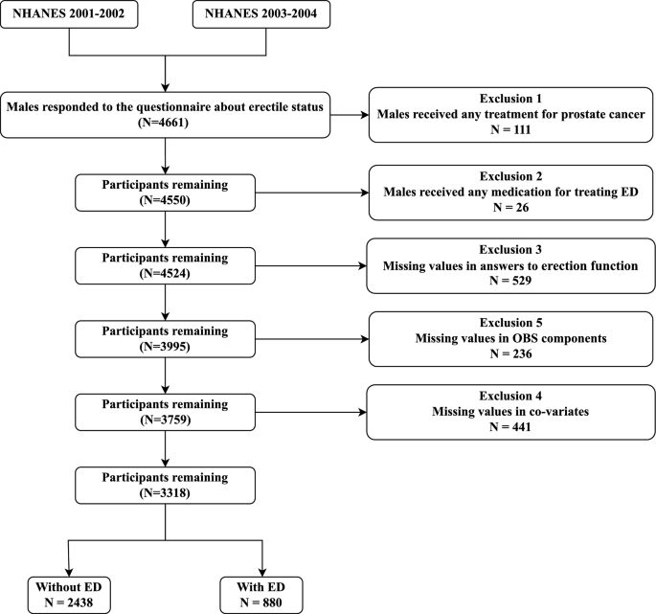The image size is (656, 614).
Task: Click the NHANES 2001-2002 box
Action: [x=69, y=14]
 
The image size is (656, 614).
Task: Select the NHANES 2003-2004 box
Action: [x=261, y=14]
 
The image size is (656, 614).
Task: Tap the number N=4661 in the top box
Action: [x=163, y=123]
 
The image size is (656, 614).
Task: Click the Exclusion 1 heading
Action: [x=510, y=99]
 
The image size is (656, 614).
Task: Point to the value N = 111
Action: [x=510, y=129]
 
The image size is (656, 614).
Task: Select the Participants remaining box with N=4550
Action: [x=166, y=193]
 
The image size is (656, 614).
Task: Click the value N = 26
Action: [x=510, y=207]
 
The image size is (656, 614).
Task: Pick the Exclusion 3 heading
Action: [x=510, y=249]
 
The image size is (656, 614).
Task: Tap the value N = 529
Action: [x=510, y=280]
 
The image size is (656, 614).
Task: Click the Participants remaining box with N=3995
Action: [x=166, y=339]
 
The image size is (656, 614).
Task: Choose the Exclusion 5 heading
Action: [x=510, y=323]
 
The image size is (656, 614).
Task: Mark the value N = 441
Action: [x=510, y=427]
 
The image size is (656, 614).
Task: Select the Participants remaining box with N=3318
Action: [x=166, y=486]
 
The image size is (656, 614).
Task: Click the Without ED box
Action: [x=69, y=595]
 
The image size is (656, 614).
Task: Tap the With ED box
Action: [x=261, y=595]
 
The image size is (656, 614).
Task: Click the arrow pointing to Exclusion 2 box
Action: [x=312, y=193]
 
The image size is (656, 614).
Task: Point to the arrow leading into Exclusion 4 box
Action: [x=311, y=412]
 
